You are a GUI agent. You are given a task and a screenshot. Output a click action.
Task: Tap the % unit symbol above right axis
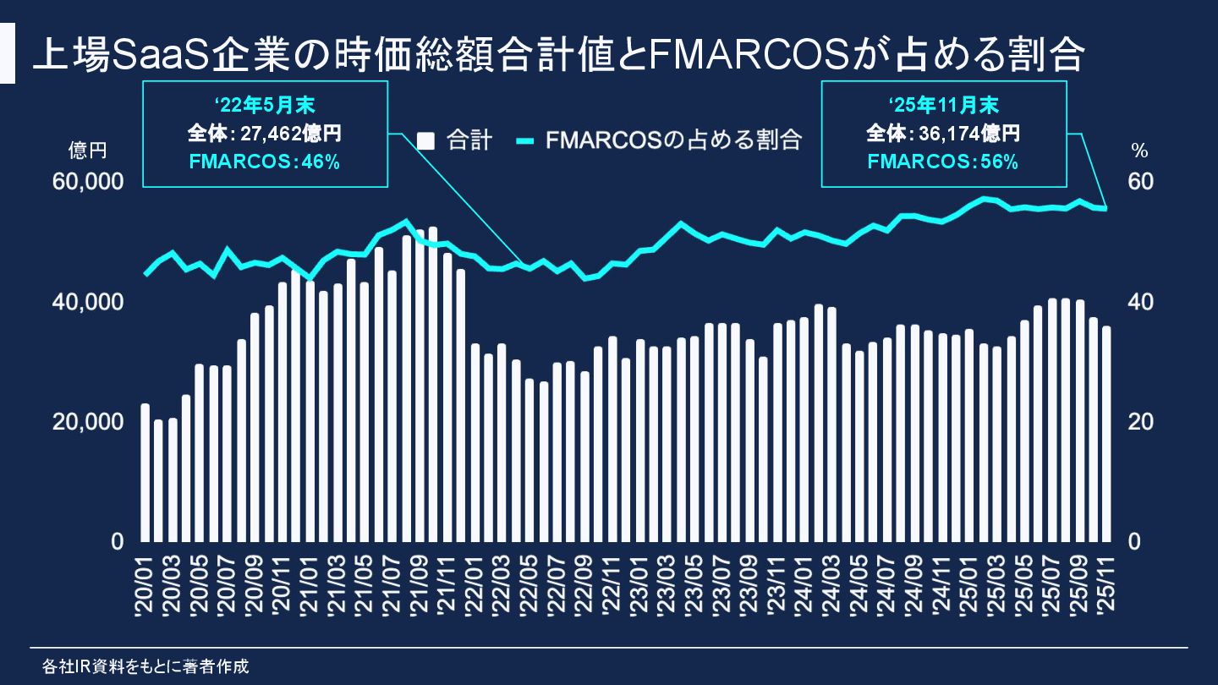[1139, 151]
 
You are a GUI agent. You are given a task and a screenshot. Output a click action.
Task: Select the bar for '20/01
[145, 473]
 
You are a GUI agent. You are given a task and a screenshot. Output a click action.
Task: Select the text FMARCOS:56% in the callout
[943, 162]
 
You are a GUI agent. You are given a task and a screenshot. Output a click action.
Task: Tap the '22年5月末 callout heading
[265, 106]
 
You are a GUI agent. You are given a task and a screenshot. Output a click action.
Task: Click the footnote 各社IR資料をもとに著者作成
[145, 666]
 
